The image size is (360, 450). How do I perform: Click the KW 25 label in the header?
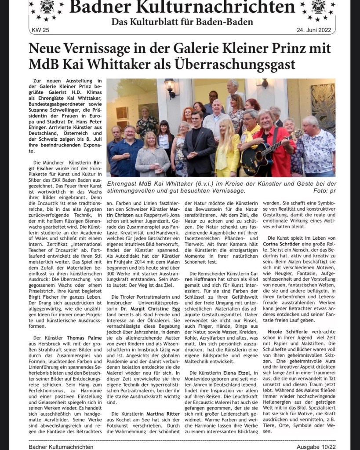coord(41,30)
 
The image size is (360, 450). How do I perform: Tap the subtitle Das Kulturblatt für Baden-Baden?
coord(182,22)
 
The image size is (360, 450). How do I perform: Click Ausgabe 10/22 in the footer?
coord(313,446)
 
